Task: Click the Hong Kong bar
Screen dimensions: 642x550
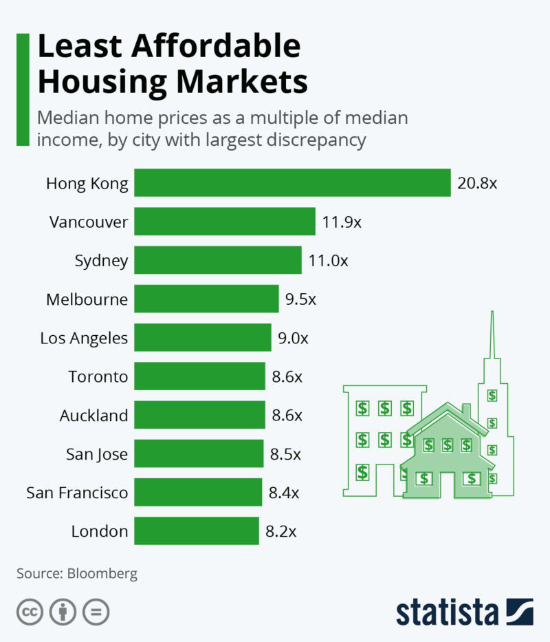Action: pyautogui.click(x=292, y=183)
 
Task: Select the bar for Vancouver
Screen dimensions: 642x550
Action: pyautogui.click(x=225, y=222)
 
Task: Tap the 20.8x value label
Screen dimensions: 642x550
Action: pyautogui.click(x=476, y=184)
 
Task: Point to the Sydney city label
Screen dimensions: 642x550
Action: pyautogui.click(x=101, y=261)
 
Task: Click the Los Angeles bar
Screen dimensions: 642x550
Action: pyautogui.click(x=203, y=338)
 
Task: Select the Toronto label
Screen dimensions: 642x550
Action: pyautogui.click(x=98, y=376)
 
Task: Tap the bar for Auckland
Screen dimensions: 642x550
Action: pyautogui.click(x=199, y=415)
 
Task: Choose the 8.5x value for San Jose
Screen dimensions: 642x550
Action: pyautogui.click(x=284, y=453)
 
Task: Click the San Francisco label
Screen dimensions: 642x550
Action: pyautogui.click(x=77, y=493)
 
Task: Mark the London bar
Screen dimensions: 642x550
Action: pyautogui.click(x=197, y=531)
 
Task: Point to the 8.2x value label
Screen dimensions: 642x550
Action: pyautogui.click(x=282, y=531)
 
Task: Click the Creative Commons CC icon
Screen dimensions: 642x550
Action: pyautogui.click(x=30, y=612)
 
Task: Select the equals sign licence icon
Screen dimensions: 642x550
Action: pyautogui.click(x=96, y=612)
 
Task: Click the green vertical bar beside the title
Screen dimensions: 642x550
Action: pyautogui.click(x=23, y=89)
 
